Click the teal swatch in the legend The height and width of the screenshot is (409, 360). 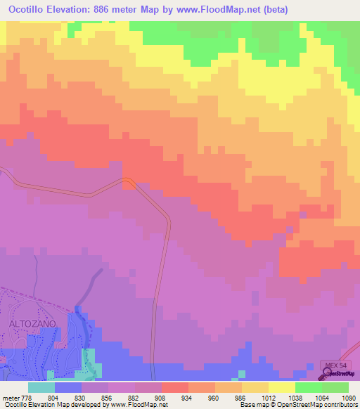point(41,387)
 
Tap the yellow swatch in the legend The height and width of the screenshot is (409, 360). point(282,387)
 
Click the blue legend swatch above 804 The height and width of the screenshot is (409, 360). point(68,387)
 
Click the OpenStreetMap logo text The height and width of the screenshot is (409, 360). point(341,375)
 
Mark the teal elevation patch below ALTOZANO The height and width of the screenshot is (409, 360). point(89,361)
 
